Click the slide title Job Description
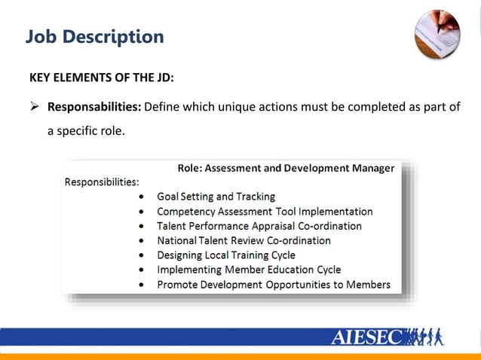[x=94, y=36]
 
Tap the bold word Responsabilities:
[x=94, y=106]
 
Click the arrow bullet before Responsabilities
[x=34, y=106]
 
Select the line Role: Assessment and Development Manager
[x=285, y=169]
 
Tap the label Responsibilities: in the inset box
[x=102, y=182]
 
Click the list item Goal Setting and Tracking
[x=216, y=197]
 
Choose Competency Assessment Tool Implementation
[x=265, y=212]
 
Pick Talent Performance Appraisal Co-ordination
[x=259, y=226]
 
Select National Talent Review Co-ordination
[x=244, y=241]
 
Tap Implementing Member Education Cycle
[x=249, y=270]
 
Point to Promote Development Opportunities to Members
[x=274, y=285]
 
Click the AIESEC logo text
[x=367, y=337]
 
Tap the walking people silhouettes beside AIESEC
[x=425, y=336]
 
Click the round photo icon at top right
[x=437, y=33]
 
